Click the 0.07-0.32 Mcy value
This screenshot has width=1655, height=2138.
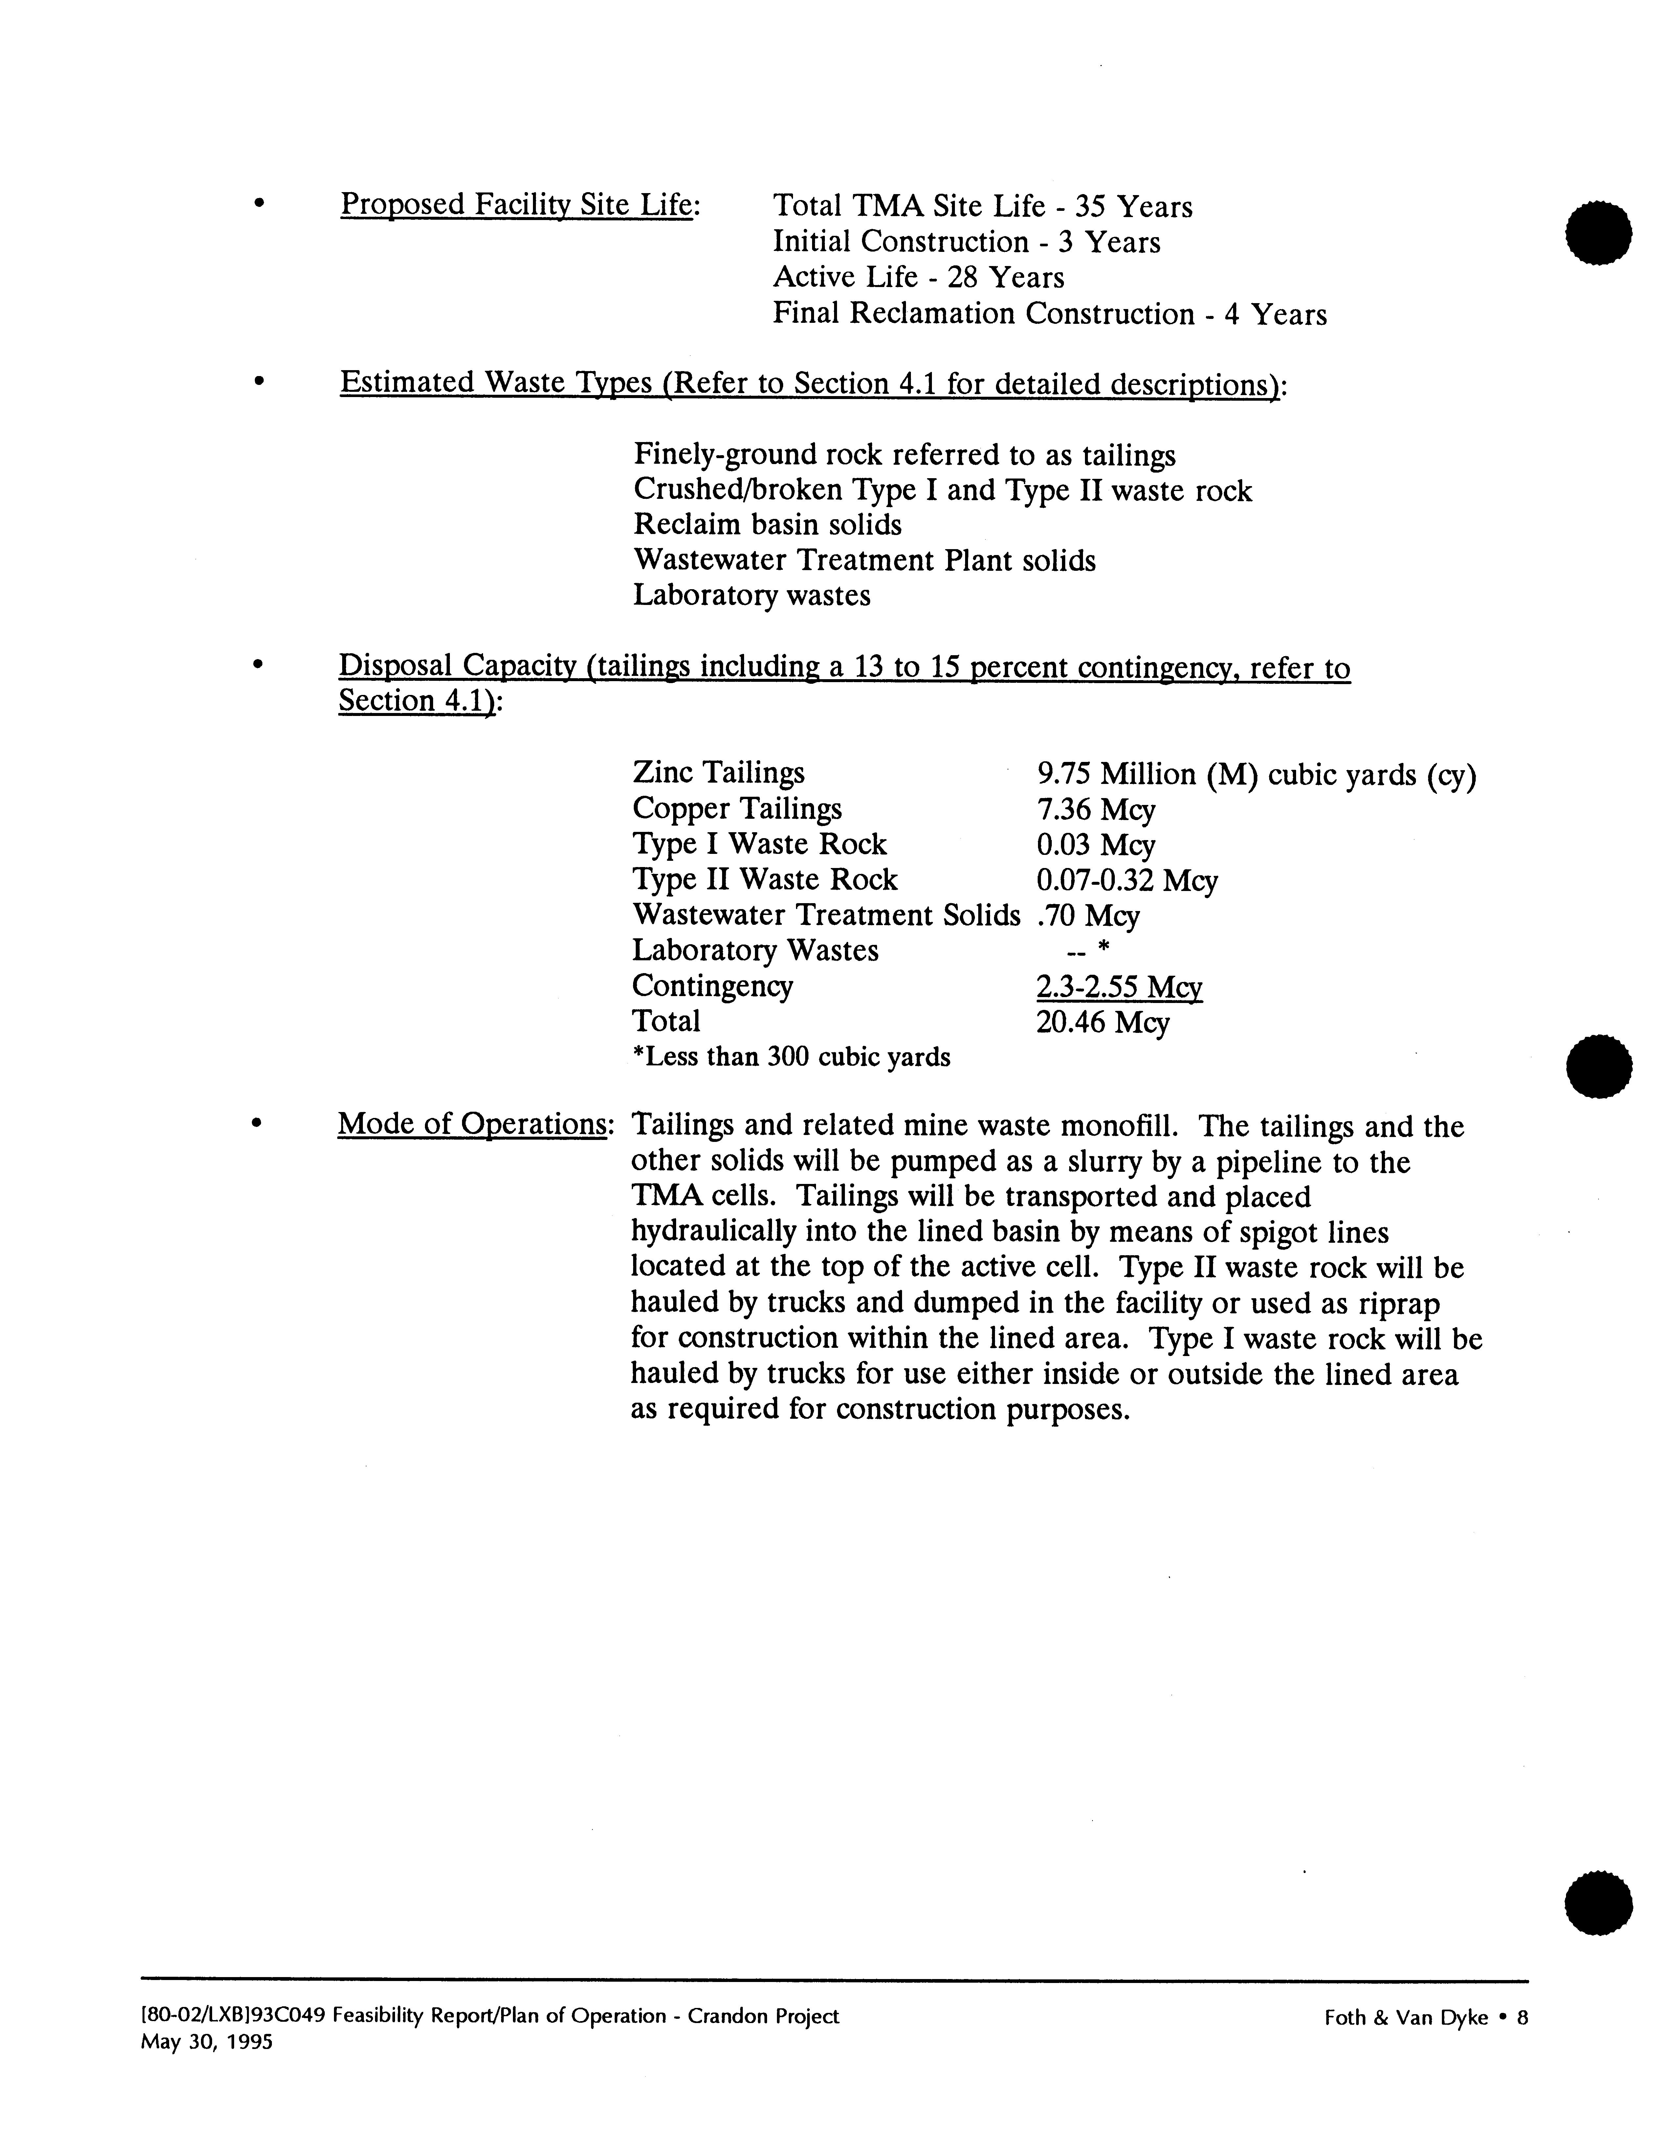[1127, 881]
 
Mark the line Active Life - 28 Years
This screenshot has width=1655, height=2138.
[918, 278]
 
